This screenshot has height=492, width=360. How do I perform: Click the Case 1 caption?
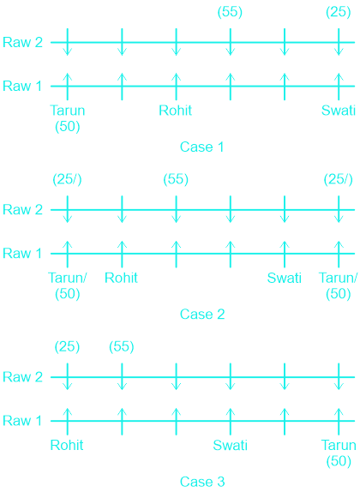201,147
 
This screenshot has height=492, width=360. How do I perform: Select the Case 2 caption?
202,314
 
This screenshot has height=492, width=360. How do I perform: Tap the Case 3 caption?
202,482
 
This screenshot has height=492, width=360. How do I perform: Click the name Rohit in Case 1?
176,111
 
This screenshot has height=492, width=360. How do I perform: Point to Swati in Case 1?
339,111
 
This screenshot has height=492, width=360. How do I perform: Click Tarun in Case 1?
68,111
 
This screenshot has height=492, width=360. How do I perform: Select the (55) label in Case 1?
230,12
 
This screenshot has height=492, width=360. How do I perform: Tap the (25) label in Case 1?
339,12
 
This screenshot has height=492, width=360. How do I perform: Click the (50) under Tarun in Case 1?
68,127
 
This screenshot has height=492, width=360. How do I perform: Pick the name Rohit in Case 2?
121,278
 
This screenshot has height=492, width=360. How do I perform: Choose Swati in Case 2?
285,278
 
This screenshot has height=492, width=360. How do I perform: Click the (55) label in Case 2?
176,179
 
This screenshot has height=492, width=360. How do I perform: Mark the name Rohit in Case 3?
67,445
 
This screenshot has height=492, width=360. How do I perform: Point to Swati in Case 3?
231,445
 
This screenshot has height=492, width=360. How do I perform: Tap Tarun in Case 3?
339,445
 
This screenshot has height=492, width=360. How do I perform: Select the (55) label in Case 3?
122,346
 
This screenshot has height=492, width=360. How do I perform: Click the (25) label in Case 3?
67,346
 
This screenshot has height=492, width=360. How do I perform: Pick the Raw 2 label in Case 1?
22,42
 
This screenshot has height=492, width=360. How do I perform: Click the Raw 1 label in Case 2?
22,253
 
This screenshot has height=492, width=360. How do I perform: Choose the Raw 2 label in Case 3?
22,377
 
